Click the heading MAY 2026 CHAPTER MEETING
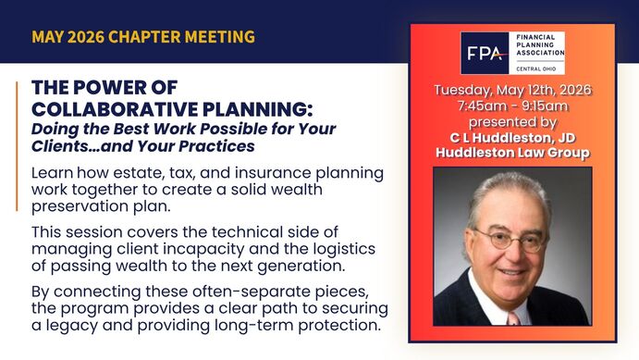click(143, 38)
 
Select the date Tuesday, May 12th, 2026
click(512, 90)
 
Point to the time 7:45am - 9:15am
click(512, 106)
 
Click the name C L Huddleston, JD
click(512, 137)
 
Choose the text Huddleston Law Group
click(512, 153)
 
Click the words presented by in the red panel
click(512, 121)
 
